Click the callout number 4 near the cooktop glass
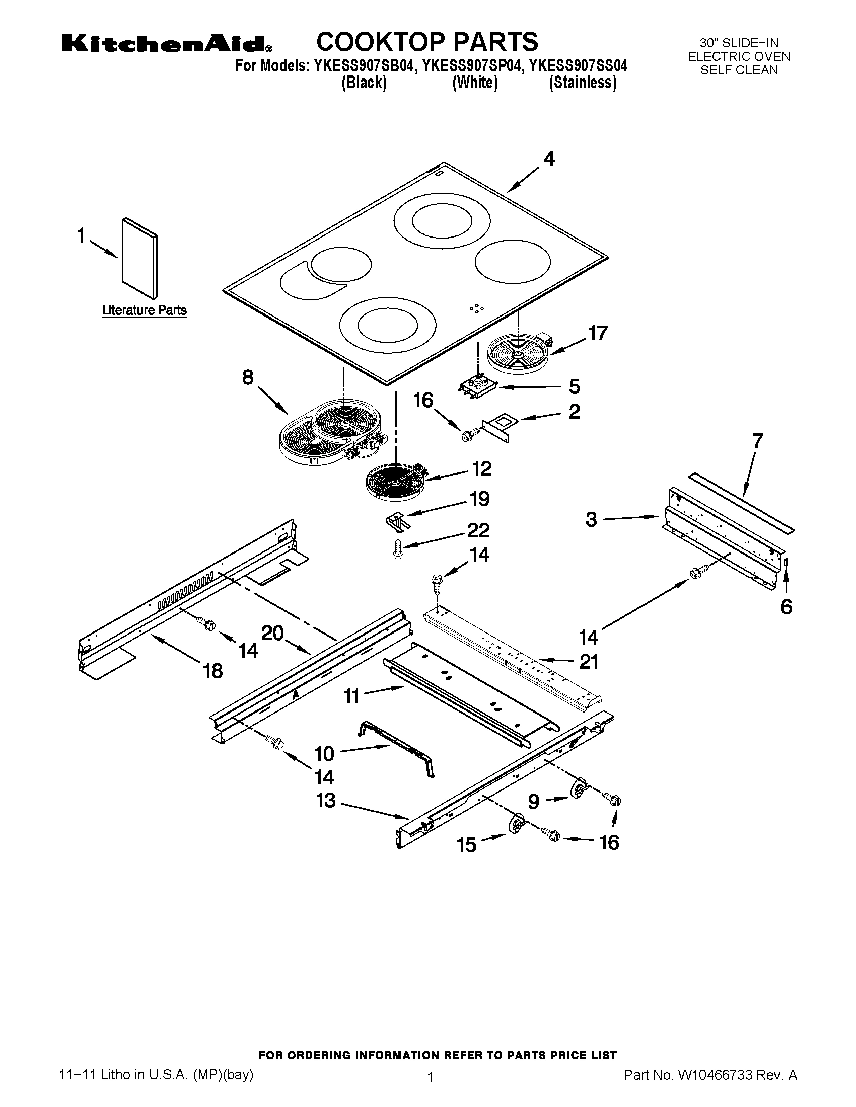pyautogui.click(x=549, y=159)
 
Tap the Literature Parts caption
pyautogui.click(x=144, y=310)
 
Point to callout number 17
pyautogui.click(x=597, y=334)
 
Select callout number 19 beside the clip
pyautogui.click(x=479, y=499)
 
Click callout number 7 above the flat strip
pyautogui.click(x=757, y=441)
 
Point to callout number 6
pyautogui.click(x=786, y=607)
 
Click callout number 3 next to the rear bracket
pyautogui.click(x=591, y=520)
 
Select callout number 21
pyautogui.click(x=588, y=662)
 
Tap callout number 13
pyautogui.click(x=326, y=801)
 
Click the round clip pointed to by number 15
pyautogui.click(x=516, y=823)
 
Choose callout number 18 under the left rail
pyautogui.click(x=213, y=671)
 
